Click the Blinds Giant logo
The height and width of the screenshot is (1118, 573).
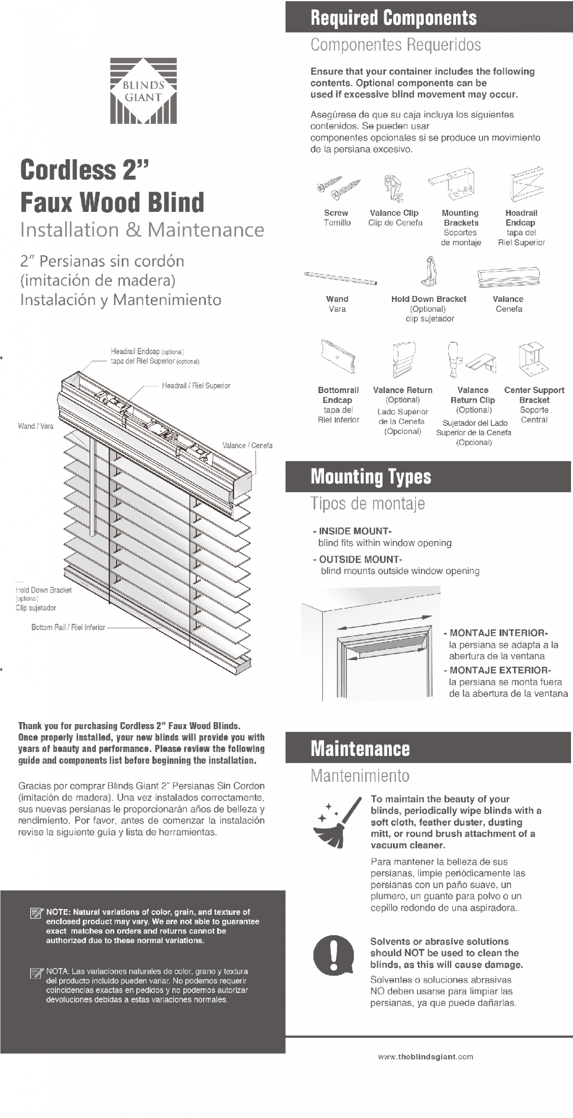click(143, 91)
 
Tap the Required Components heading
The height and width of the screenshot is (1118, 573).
click(394, 18)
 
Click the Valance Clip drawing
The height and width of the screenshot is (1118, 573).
click(393, 188)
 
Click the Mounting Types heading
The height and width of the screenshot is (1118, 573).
click(371, 476)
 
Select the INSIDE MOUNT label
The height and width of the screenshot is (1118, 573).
click(355, 531)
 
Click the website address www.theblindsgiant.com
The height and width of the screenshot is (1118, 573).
click(425, 1057)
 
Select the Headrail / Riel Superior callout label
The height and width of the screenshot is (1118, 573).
click(196, 386)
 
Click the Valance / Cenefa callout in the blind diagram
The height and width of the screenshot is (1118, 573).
click(247, 445)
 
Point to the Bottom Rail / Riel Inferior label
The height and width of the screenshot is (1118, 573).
click(68, 627)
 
